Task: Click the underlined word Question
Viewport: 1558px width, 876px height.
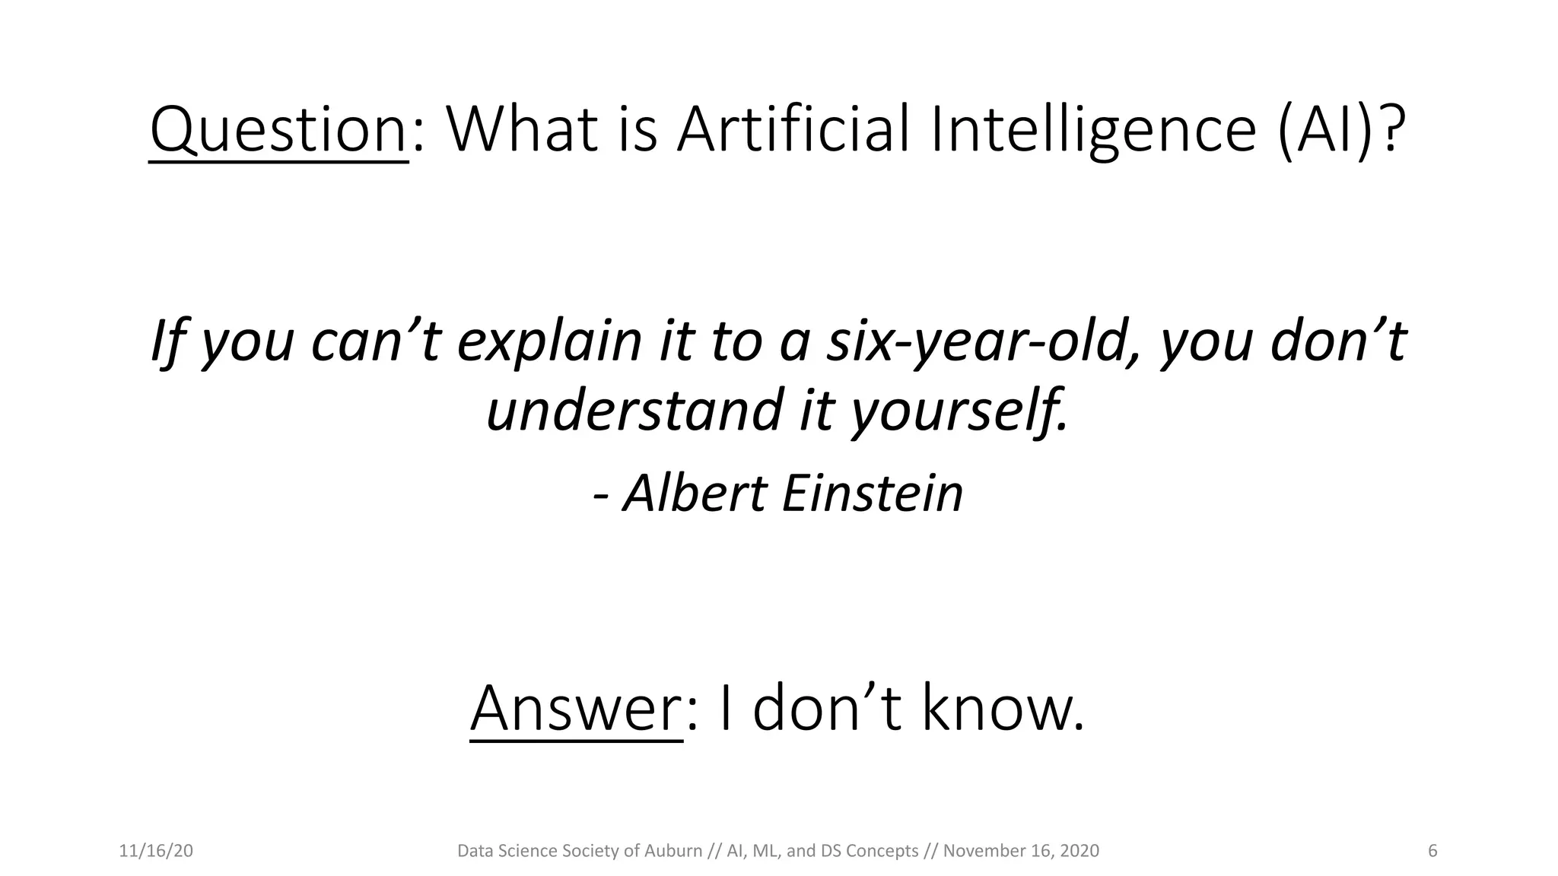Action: pos(278,131)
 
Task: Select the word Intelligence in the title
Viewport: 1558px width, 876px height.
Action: pos(1093,131)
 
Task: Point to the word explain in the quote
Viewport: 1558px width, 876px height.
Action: pos(549,342)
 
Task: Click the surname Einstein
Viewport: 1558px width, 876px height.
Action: pos(872,494)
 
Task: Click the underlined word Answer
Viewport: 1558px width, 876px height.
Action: pos(576,709)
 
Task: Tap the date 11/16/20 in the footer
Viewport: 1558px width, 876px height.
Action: pos(156,851)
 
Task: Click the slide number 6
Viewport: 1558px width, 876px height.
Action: pos(1432,851)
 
